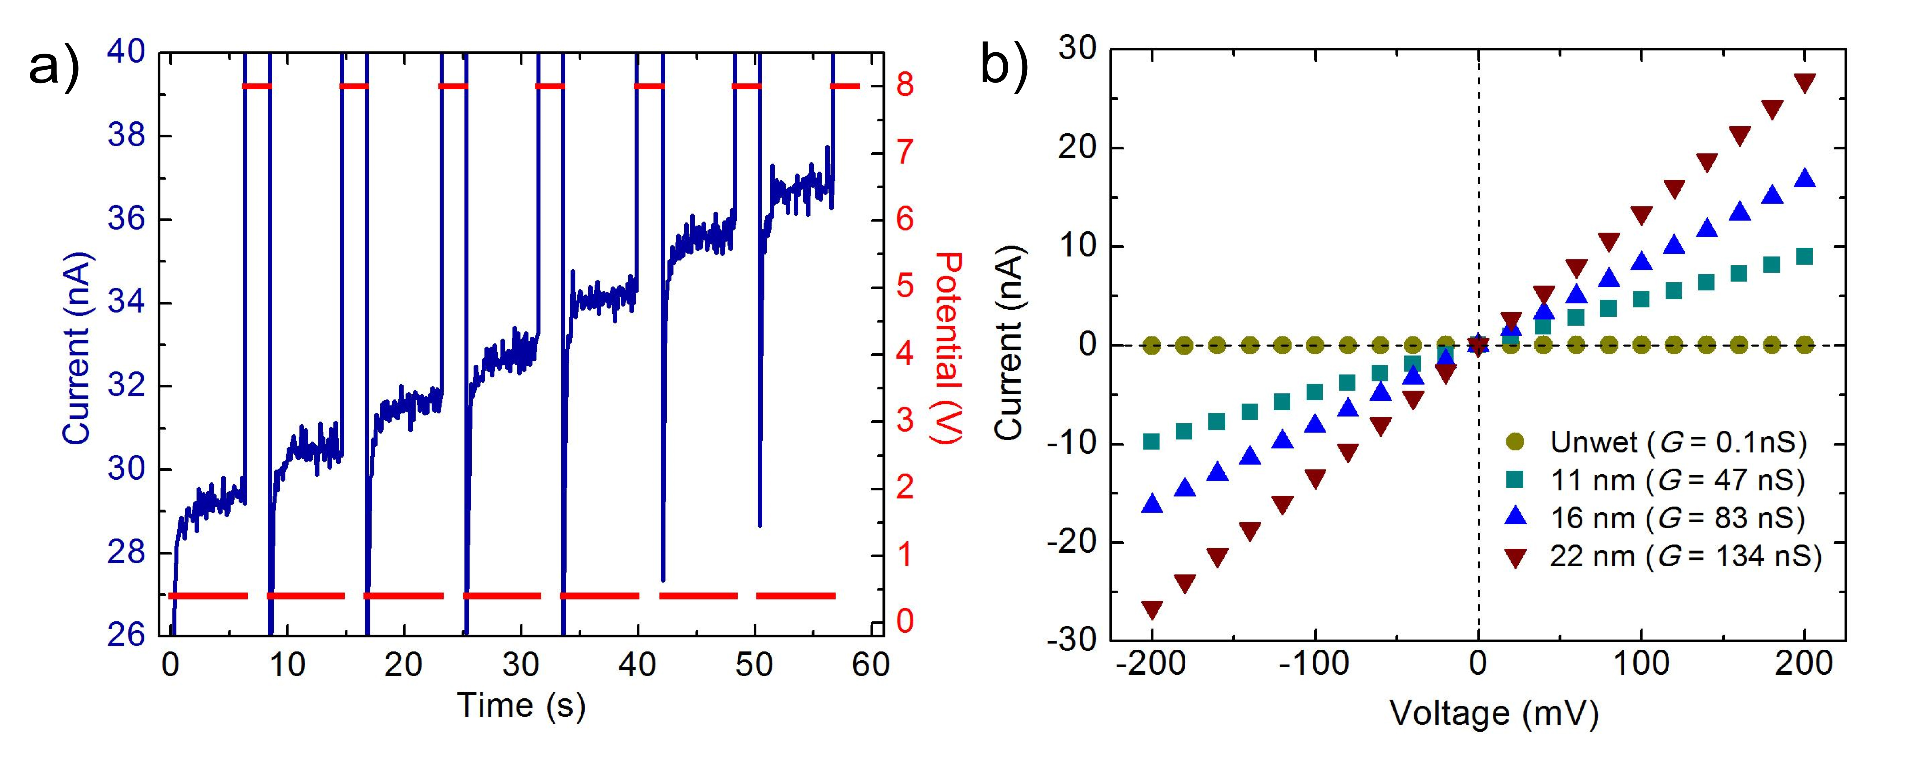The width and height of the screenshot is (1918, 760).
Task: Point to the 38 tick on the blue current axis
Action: pyautogui.click(x=127, y=136)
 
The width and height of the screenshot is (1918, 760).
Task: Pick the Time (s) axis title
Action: pyautogui.click(x=521, y=705)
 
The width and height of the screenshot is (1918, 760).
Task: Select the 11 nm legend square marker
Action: pyautogui.click(x=1514, y=480)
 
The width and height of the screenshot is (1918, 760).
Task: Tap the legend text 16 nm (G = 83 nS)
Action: pyautogui.click(x=1678, y=518)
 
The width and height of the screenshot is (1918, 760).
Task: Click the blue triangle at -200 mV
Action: pyautogui.click(x=1152, y=504)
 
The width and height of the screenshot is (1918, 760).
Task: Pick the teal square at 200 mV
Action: pyautogui.click(x=1804, y=256)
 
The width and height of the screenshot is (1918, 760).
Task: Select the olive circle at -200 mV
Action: pyautogui.click(x=1152, y=345)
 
